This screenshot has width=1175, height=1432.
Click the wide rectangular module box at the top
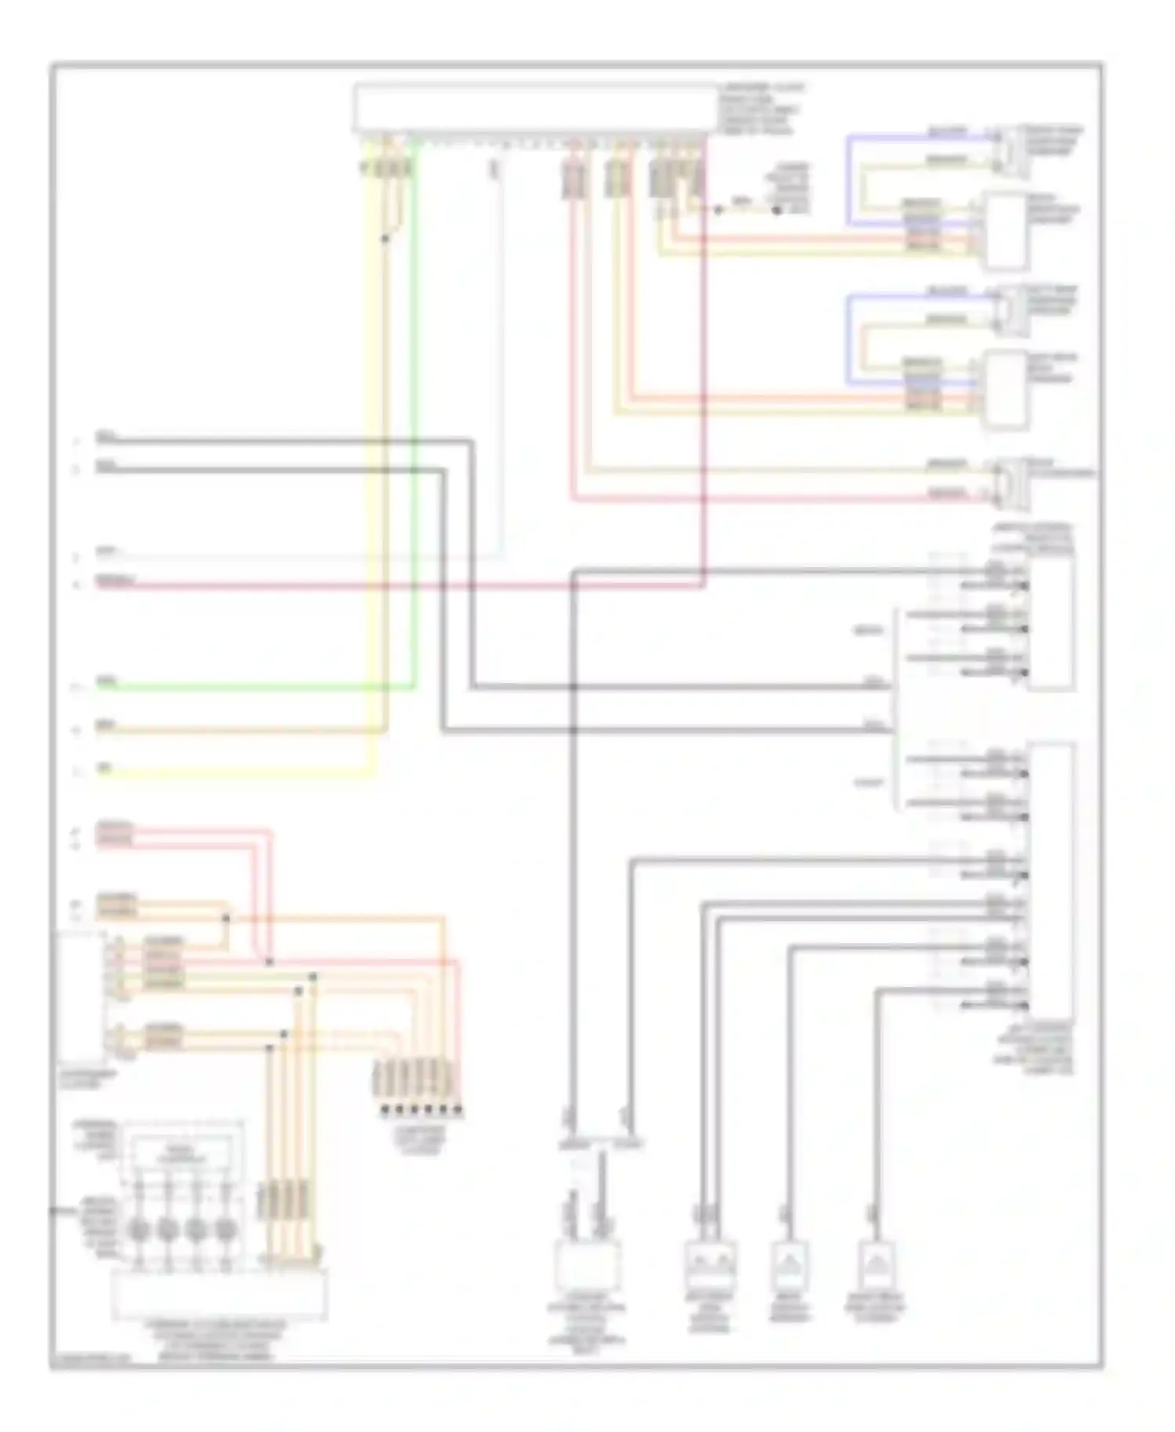click(534, 108)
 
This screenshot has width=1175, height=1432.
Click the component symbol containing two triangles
click(710, 1264)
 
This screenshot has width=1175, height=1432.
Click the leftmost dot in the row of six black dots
click(385, 1110)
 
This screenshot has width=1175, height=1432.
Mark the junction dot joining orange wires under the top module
click(385, 238)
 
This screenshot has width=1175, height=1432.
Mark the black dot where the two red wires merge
click(269, 961)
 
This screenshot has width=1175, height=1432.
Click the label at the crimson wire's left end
click(114, 580)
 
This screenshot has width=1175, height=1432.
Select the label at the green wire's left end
click(105, 682)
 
